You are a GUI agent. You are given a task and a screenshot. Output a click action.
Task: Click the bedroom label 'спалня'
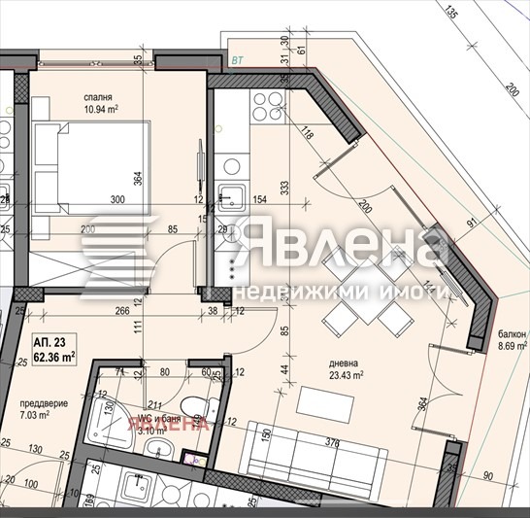click(99, 98)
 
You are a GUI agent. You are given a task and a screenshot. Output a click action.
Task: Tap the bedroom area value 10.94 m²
click(100, 111)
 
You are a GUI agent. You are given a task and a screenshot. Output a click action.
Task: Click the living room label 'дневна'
click(342, 362)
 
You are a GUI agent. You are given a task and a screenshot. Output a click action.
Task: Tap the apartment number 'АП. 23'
click(50, 343)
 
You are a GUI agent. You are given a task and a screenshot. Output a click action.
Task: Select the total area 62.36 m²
click(55, 356)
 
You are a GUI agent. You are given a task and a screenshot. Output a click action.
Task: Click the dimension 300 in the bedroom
click(118, 199)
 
